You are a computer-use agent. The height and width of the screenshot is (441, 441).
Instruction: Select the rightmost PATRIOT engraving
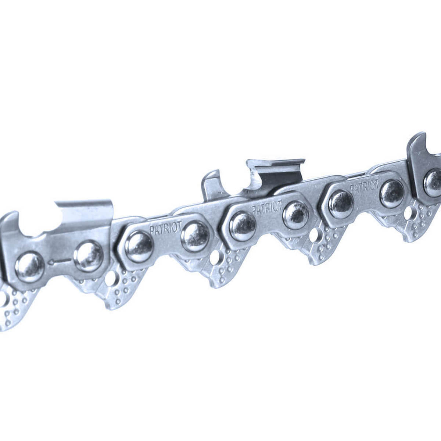tap(364, 186)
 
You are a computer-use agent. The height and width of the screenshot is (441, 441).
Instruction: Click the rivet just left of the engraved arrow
tap(29, 266)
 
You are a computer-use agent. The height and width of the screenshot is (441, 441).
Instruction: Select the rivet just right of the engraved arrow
tap(88, 255)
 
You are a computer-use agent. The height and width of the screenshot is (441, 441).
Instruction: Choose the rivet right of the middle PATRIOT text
tap(296, 215)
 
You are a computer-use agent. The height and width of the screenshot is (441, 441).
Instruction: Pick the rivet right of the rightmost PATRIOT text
tap(392, 194)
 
